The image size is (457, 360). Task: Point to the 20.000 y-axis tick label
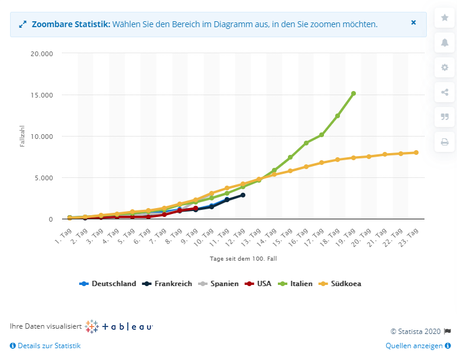click(41, 54)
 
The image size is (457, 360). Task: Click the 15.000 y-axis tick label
click(41, 95)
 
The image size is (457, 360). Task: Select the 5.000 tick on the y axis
click(43, 178)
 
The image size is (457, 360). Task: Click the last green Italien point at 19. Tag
click(354, 93)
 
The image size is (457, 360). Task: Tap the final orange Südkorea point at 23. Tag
click(416, 153)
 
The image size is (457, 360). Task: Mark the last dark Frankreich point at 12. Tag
click(243, 195)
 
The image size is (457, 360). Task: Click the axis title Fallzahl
click(22, 137)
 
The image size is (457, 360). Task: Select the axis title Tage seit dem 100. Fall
click(243, 259)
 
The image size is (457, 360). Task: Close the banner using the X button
click(413, 22)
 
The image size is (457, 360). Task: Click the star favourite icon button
click(445, 18)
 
